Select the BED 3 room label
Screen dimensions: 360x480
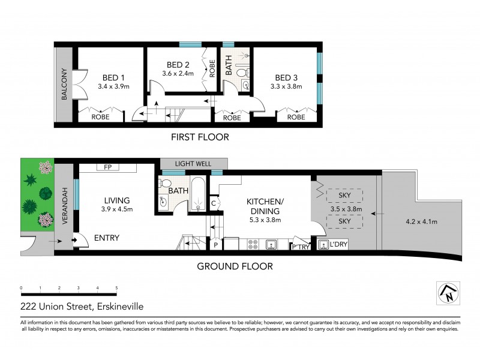click(x=286, y=77)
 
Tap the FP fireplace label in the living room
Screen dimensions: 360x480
click(x=109, y=167)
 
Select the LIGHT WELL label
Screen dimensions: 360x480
click(x=194, y=163)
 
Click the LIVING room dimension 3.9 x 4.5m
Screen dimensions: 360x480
click(x=116, y=209)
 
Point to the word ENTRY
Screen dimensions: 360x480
click(x=107, y=238)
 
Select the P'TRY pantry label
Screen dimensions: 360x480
click(x=300, y=247)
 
